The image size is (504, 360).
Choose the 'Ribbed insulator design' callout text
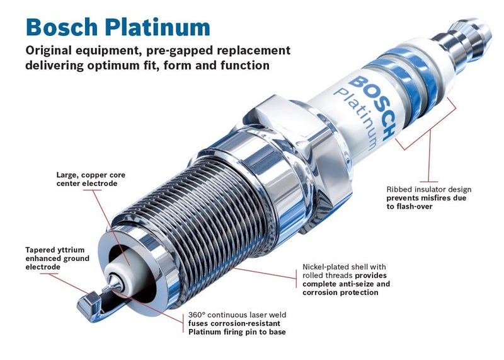click(x=429, y=189)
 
